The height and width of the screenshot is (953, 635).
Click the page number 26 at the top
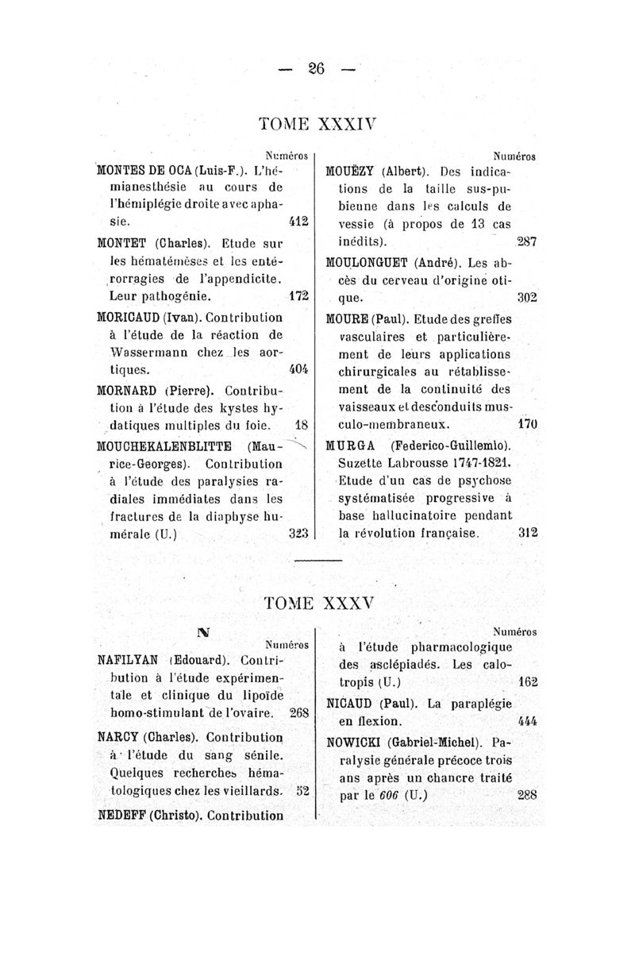coord(317,69)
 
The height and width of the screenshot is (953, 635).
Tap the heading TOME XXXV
coord(317,604)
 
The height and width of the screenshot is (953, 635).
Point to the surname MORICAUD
coord(128,317)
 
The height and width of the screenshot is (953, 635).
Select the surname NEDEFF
coord(122,814)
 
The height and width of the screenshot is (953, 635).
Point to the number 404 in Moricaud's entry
coord(298,370)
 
